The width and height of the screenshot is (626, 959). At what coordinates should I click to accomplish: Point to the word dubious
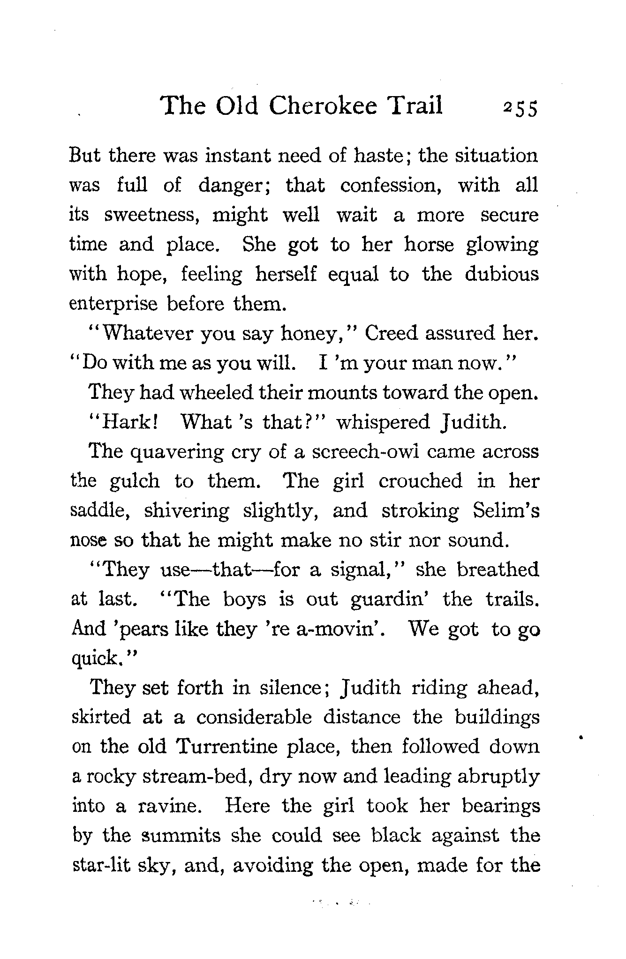pos(502,274)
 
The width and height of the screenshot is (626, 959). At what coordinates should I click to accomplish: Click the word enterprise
pos(113,305)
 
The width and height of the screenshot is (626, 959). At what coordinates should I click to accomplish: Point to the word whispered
pos(383,423)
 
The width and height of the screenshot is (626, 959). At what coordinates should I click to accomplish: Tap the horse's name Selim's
pos(506,510)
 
